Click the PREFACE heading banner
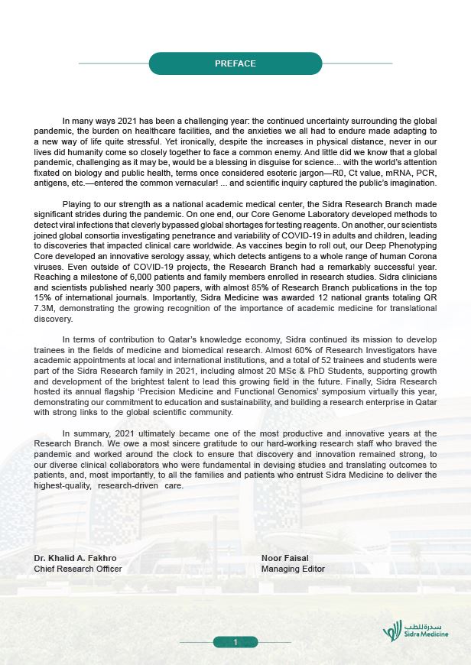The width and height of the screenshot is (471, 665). [235, 63]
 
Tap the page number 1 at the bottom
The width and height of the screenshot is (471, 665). [236, 641]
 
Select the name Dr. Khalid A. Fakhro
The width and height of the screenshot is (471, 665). [76, 559]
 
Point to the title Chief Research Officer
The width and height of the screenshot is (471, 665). [78, 569]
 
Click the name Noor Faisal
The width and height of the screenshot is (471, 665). [284, 559]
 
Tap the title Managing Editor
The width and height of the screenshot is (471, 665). [293, 569]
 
